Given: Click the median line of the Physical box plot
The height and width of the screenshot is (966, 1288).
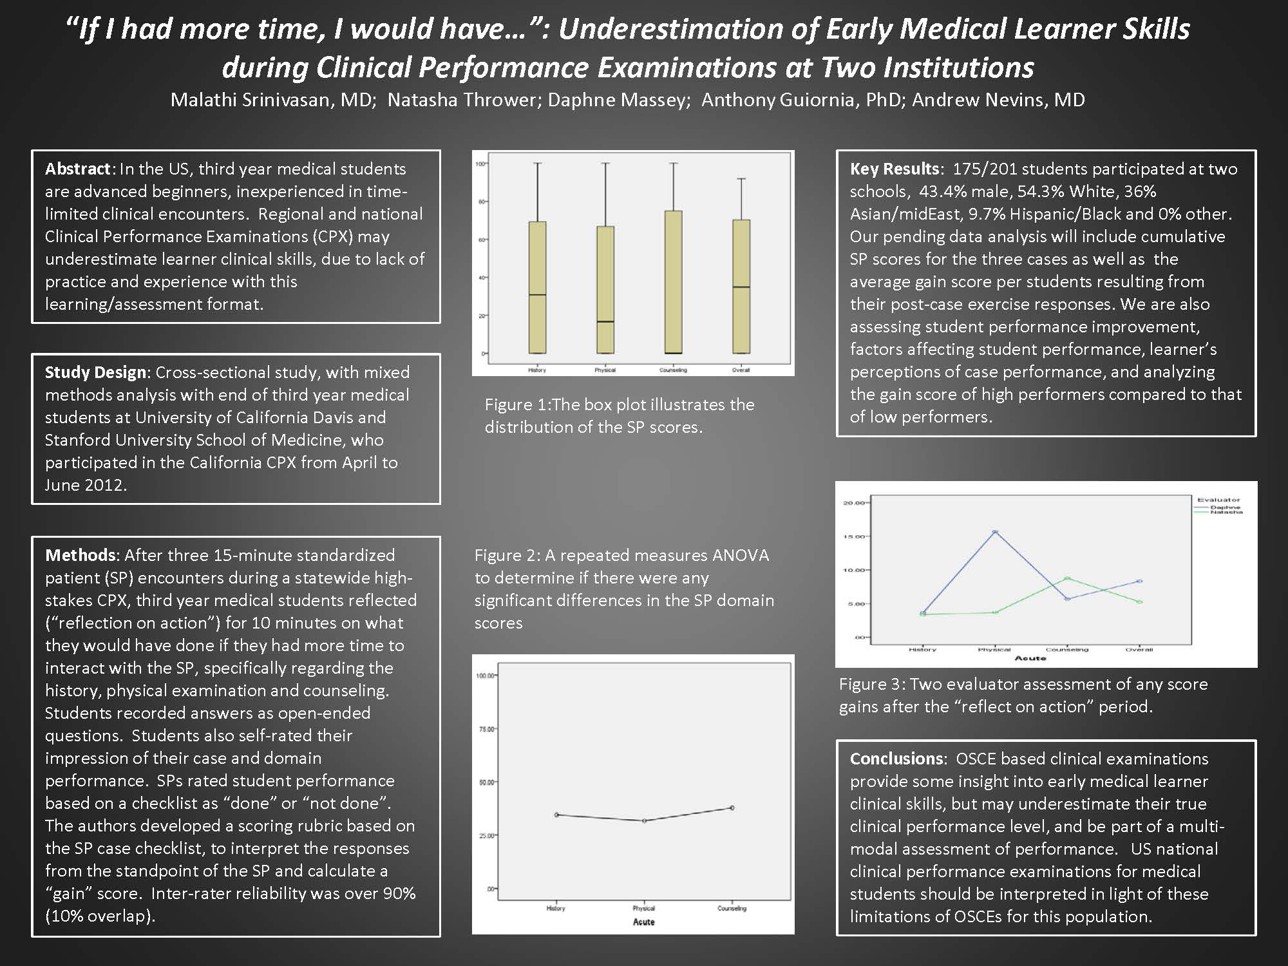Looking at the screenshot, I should [605, 321].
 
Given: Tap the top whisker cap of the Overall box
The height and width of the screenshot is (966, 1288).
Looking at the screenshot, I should [741, 179].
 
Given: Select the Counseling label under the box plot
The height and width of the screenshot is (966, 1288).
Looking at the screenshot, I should [673, 370].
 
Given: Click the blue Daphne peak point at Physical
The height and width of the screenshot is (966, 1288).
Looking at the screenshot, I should [995, 532].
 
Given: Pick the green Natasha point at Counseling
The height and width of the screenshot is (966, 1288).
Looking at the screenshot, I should [1067, 578].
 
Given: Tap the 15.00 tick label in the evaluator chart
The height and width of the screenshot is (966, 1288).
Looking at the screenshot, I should [854, 536].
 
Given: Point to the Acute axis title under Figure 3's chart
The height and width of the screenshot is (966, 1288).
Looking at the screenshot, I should [1030, 658].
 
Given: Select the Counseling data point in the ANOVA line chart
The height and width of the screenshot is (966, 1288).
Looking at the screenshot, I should [732, 808].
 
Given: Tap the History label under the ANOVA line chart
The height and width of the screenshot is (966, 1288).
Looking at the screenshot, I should [556, 909].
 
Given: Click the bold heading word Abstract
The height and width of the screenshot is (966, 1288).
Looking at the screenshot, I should [78, 169].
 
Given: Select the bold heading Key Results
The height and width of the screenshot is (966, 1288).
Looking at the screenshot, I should [895, 169].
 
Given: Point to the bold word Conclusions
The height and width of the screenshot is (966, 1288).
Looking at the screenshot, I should [896, 759].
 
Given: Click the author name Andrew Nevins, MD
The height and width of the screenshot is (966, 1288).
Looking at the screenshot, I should [998, 100].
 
